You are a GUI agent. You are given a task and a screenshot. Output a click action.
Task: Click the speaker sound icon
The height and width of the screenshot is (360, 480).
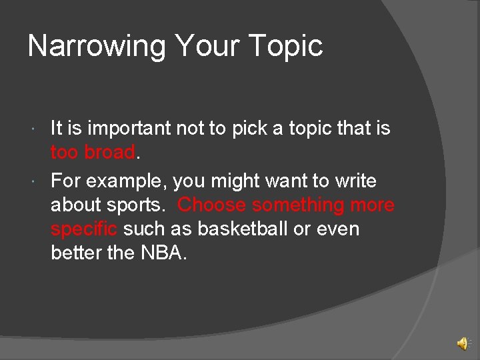462,343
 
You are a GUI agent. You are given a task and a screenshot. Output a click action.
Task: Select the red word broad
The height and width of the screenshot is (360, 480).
110,152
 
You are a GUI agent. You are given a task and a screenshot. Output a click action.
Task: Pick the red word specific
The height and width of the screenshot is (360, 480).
84,229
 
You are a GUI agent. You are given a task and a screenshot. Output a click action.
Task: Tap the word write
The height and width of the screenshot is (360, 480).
355,181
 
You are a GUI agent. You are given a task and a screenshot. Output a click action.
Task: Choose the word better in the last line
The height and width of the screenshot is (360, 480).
75,253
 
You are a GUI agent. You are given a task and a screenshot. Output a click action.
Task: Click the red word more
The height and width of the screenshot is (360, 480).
372,205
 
